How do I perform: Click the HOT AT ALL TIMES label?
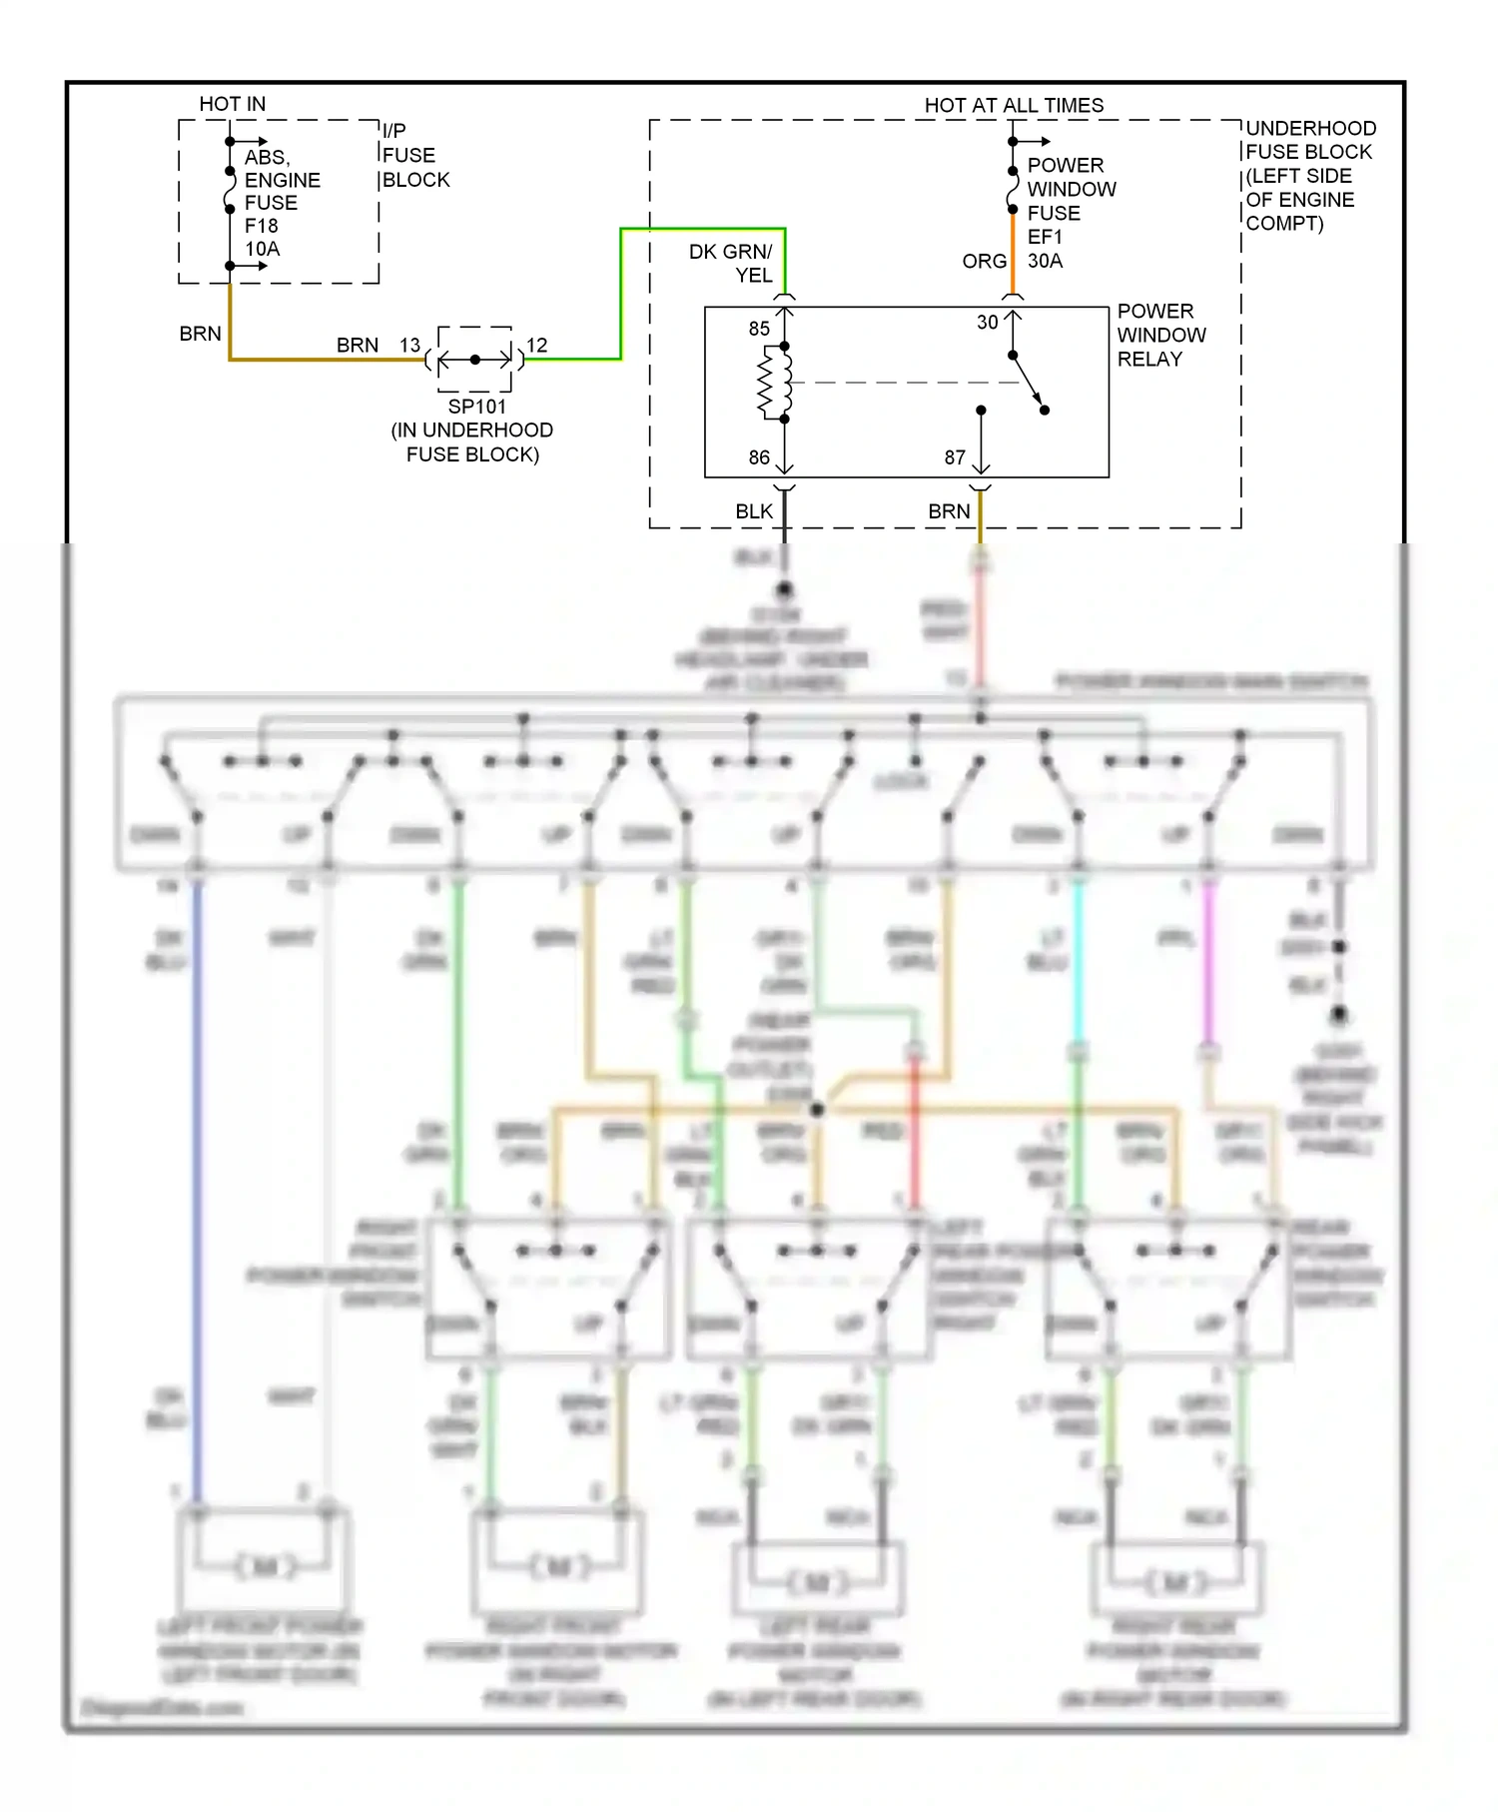[1013, 105]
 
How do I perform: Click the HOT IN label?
[232, 104]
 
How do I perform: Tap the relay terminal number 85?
[759, 329]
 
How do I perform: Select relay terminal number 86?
[759, 457]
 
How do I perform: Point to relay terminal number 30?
[987, 323]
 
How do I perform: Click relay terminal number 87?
[955, 457]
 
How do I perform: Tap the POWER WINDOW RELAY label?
[1160, 335]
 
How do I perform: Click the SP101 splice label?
[476, 407]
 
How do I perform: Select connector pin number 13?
[409, 345]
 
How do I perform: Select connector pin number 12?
[537, 345]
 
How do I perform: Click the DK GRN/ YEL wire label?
[731, 263]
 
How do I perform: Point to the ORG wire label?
[984, 261]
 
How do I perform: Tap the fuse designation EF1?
[1045, 237]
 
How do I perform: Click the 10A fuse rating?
[263, 249]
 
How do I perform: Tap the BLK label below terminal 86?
[754, 511]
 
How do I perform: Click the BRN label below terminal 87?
[949, 511]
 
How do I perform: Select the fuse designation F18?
[262, 226]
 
